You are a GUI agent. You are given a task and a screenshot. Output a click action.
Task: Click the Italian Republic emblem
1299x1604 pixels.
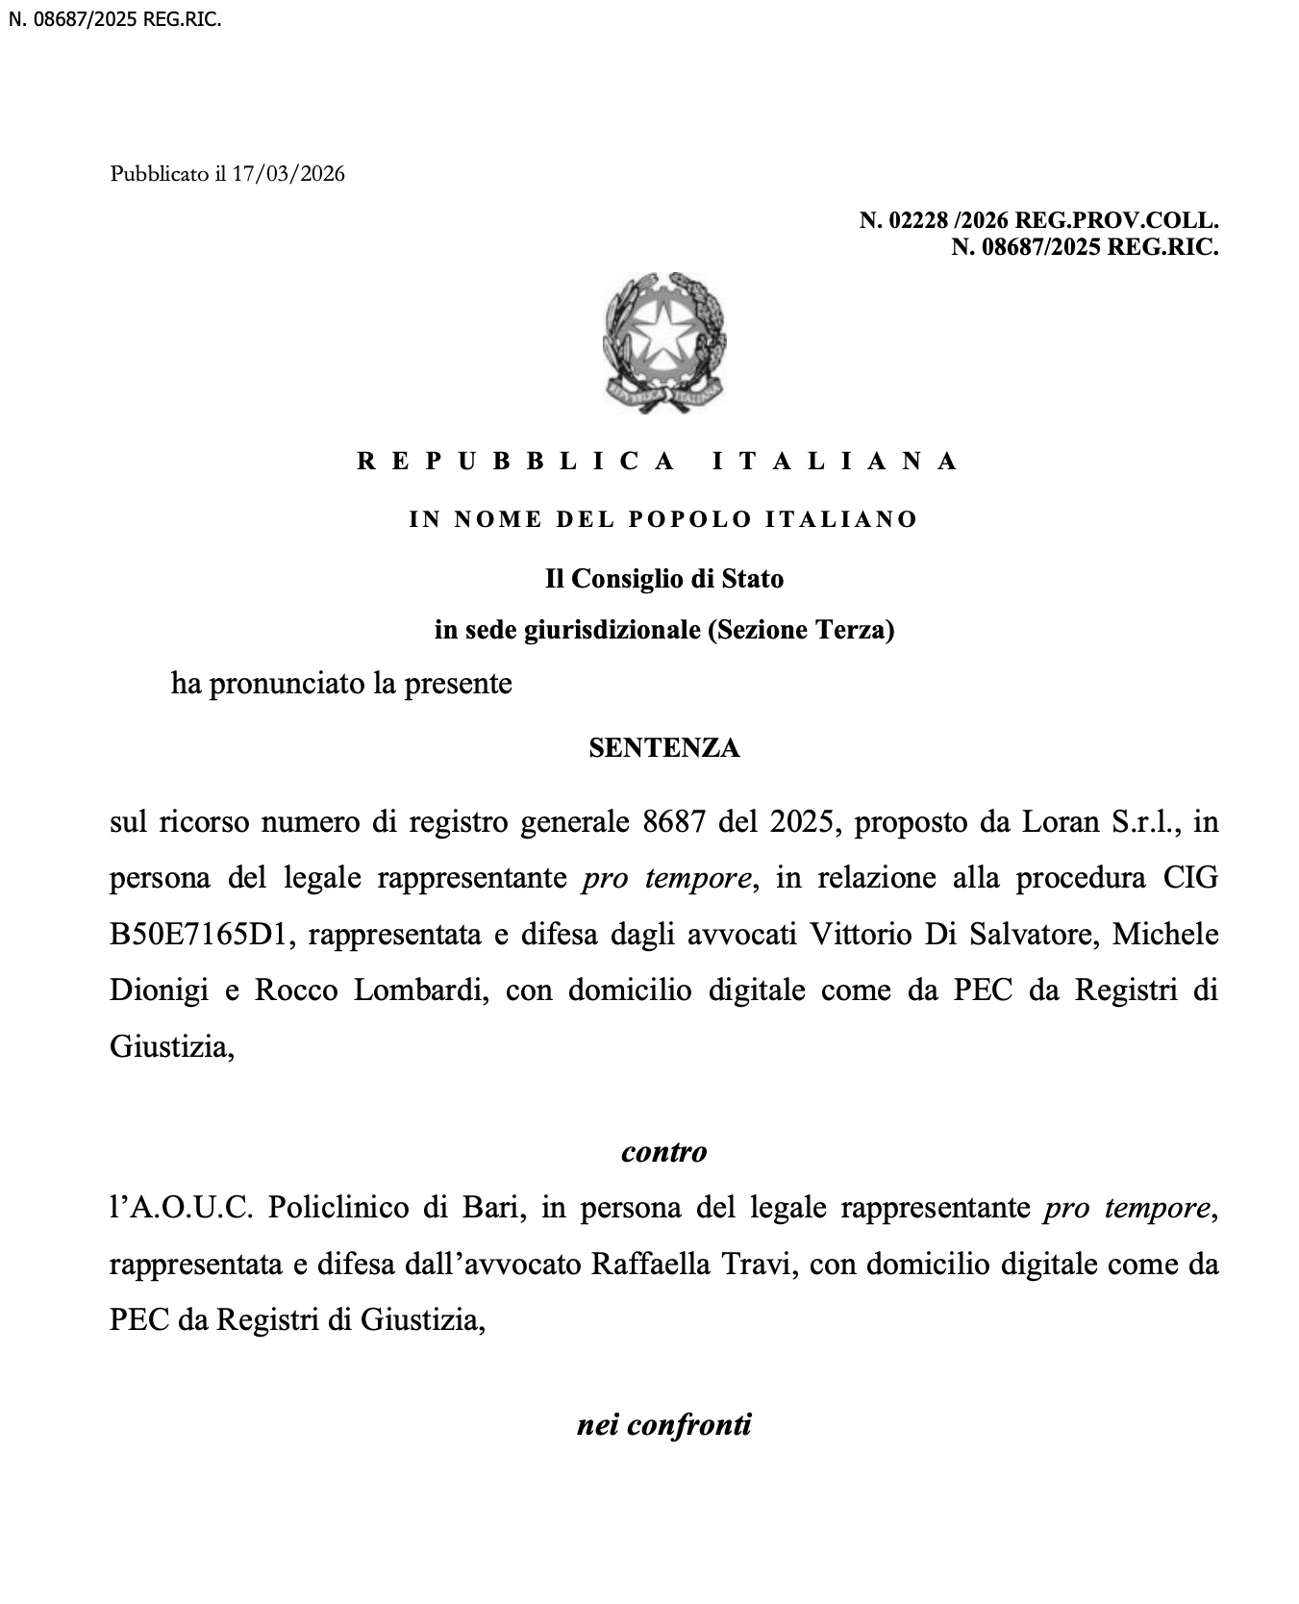(663, 343)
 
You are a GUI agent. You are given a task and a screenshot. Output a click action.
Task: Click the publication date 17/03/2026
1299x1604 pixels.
(287, 174)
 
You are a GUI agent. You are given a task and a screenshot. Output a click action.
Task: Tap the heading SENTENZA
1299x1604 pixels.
(663, 748)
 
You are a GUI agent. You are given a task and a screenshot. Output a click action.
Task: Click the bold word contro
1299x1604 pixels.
(663, 1151)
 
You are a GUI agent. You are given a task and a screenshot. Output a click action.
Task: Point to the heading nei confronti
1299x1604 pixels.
(663, 1424)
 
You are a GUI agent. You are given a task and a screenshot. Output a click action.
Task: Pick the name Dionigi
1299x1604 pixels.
(160, 990)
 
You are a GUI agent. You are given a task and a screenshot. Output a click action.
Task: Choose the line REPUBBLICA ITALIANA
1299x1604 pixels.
(659, 462)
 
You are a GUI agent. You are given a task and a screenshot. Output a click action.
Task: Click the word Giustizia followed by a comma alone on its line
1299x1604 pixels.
(171, 1046)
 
